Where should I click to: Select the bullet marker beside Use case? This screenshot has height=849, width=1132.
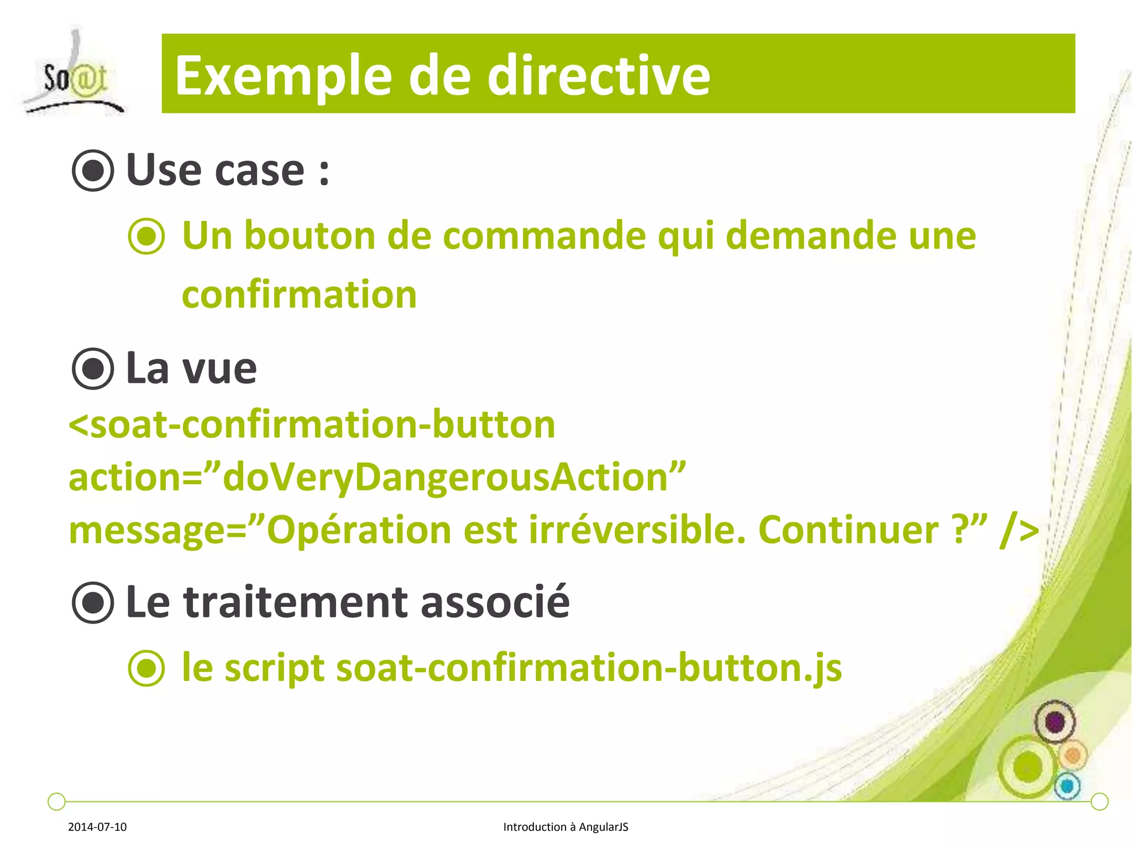coord(93,171)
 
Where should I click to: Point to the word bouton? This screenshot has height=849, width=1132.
coord(310,236)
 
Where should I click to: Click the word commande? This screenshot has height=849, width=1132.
coord(544,236)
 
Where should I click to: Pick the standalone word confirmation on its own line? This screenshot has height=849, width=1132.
coord(299,295)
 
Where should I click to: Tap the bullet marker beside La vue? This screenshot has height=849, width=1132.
coord(93,369)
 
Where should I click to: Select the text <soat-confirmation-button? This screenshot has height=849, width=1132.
coord(312,425)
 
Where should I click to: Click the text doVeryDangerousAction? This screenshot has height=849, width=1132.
coord(446,477)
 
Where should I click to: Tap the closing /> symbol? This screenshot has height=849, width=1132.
coord(1019,531)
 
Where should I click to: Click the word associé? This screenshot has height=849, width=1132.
coord(495,602)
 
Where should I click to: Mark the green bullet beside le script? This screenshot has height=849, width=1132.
coord(146,668)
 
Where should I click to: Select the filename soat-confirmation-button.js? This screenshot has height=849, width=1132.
coord(589,668)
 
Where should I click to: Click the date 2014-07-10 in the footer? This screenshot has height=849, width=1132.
coord(97,827)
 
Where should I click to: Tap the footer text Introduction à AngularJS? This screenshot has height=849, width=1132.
coord(565,827)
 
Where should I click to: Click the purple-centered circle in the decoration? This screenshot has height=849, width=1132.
coord(1055,722)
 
